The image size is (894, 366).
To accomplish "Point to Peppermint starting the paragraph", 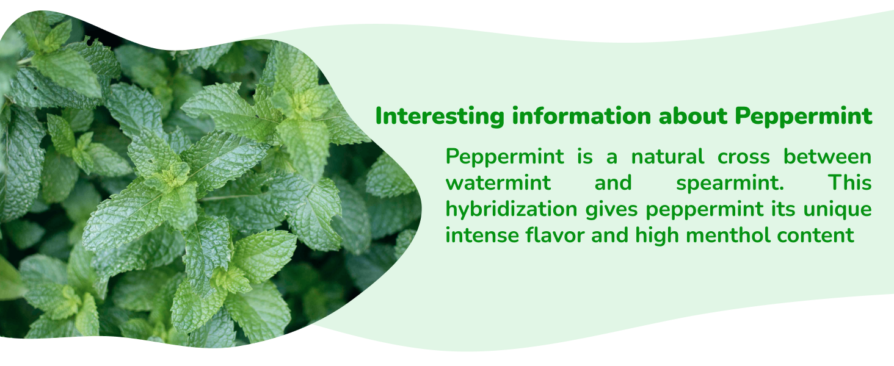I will pos(504,157).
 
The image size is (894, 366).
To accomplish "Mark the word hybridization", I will pos(511,209).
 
